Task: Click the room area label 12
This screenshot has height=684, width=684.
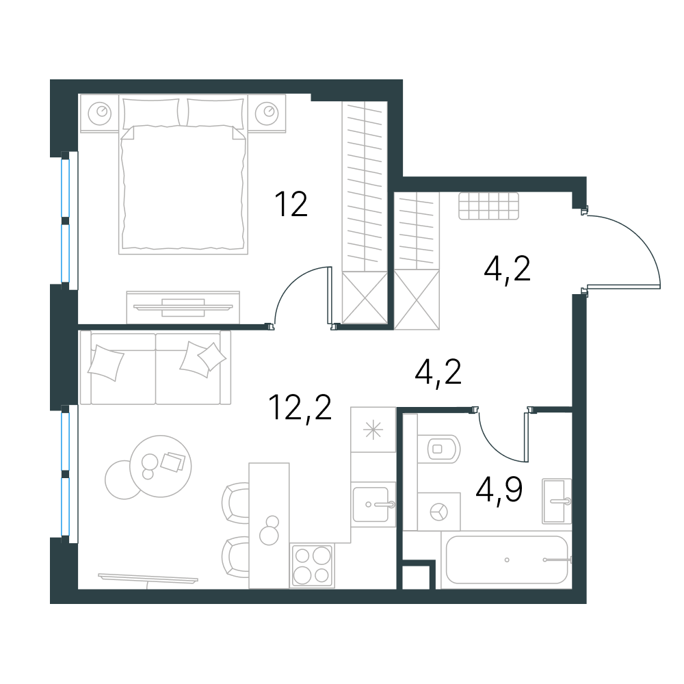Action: coord(291,204)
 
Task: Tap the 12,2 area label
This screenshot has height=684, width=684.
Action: coord(300,408)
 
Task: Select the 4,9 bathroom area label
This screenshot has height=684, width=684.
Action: coord(499,490)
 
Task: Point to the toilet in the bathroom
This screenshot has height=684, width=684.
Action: coord(438,449)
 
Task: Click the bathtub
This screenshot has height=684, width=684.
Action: coord(506,560)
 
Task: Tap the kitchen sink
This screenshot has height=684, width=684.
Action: coord(373,504)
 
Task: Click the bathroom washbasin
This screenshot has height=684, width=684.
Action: coord(557,501)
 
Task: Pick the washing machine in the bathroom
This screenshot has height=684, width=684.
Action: coord(439,512)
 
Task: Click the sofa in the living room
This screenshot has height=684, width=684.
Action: coord(156,367)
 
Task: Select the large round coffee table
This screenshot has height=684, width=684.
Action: coord(161,466)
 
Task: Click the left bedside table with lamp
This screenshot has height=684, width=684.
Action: coord(99,114)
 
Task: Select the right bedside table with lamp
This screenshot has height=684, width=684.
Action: coord(267,114)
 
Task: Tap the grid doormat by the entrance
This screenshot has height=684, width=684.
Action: coord(488,206)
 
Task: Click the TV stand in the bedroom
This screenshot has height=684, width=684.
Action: coord(183,308)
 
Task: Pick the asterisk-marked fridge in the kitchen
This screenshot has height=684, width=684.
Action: coord(373,430)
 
